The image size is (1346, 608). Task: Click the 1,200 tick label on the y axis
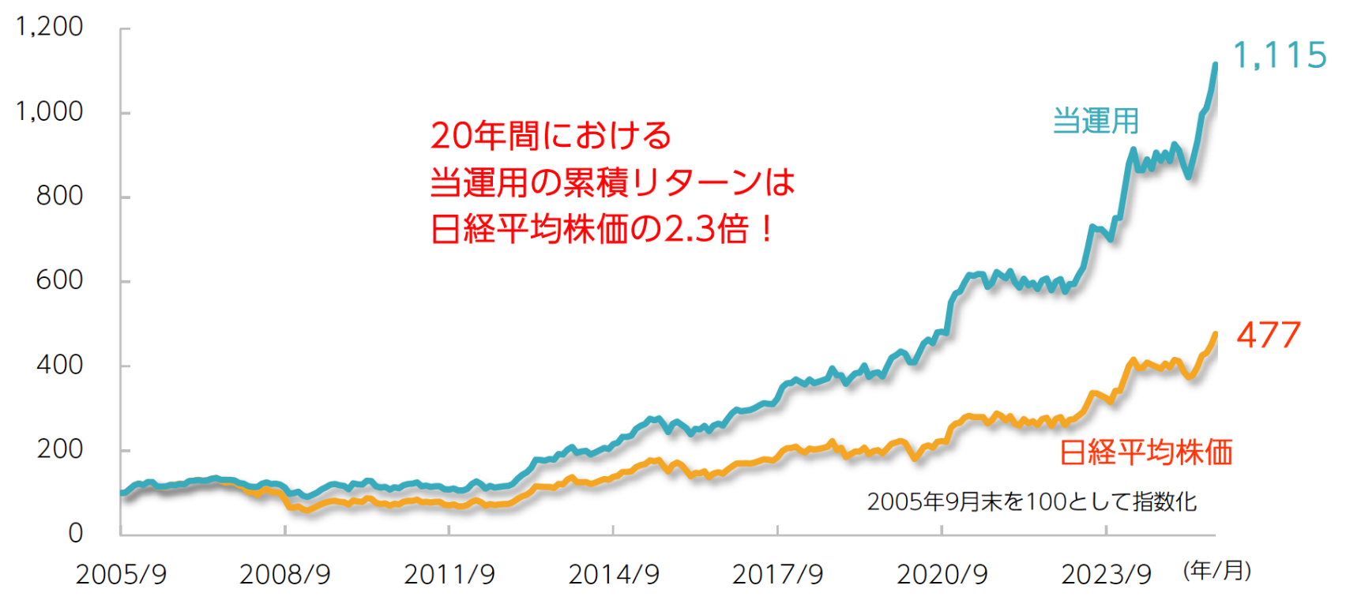pyautogui.click(x=49, y=27)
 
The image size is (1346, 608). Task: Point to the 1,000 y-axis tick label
pyautogui.click(x=49, y=111)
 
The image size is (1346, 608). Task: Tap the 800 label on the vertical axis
pyautogui.click(x=59, y=196)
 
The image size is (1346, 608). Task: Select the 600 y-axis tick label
pyautogui.click(x=59, y=280)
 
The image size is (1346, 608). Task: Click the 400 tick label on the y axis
pyautogui.click(x=59, y=365)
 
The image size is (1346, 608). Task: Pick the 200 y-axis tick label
pyautogui.click(x=59, y=449)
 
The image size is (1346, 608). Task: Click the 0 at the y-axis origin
pyautogui.click(x=75, y=533)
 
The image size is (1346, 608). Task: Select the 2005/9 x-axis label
pyautogui.click(x=121, y=575)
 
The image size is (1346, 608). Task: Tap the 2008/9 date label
pyautogui.click(x=285, y=575)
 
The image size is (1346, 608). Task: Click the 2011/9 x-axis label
pyautogui.click(x=449, y=575)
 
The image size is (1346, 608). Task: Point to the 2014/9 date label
pyautogui.click(x=614, y=575)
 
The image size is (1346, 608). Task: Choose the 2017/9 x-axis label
pyautogui.click(x=778, y=575)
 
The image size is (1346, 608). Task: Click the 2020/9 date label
pyautogui.click(x=942, y=575)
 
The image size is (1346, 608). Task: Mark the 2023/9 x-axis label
pyautogui.click(x=1106, y=575)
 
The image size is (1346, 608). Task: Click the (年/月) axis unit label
pyautogui.click(x=1216, y=571)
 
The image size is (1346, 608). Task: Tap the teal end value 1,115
pyautogui.click(x=1280, y=56)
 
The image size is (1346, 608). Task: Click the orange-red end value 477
pyautogui.click(x=1268, y=336)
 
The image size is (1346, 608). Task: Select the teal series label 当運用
pyautogui.click(x=1096, y=122)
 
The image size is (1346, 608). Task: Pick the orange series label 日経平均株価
pyautogui.click(x=1145, y=452)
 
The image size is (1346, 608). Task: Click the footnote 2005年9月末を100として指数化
pyautogui.click(x=1032, y=501)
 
